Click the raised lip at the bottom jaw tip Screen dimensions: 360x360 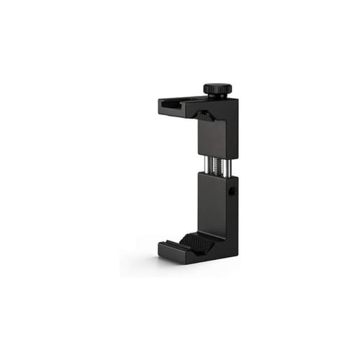coord(167,244)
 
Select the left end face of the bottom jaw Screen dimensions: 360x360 coord(162,253)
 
